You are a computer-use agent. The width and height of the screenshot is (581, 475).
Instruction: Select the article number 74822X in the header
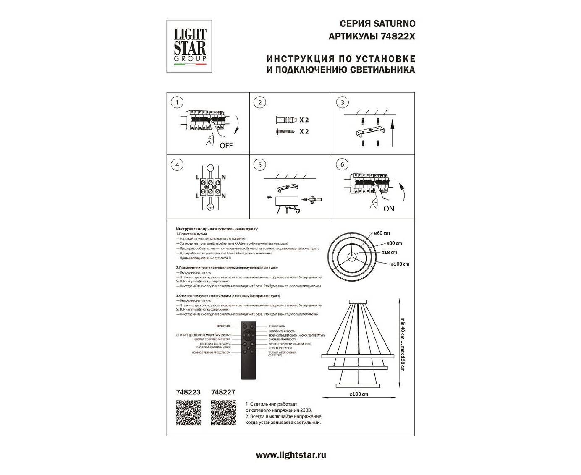click(398, 37)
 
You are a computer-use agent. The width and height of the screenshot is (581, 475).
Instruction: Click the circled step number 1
click(178, 102)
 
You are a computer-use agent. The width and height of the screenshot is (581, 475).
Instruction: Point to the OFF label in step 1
click(225, 146)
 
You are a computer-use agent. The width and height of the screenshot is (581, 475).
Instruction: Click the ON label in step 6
click(389, 209)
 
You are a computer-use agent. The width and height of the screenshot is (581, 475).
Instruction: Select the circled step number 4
click(178, 165)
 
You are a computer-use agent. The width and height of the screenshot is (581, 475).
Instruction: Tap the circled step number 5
click(260, 165)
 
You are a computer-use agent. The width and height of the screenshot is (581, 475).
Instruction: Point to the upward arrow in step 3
click(393, 130)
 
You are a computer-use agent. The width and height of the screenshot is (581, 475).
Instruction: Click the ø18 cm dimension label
click(389, 253)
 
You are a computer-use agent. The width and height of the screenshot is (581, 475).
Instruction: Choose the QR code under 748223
click(188, 413)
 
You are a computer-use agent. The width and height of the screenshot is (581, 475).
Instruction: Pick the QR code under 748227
click(223, 413)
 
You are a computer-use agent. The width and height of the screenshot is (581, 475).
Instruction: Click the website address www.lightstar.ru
click(290, 455)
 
